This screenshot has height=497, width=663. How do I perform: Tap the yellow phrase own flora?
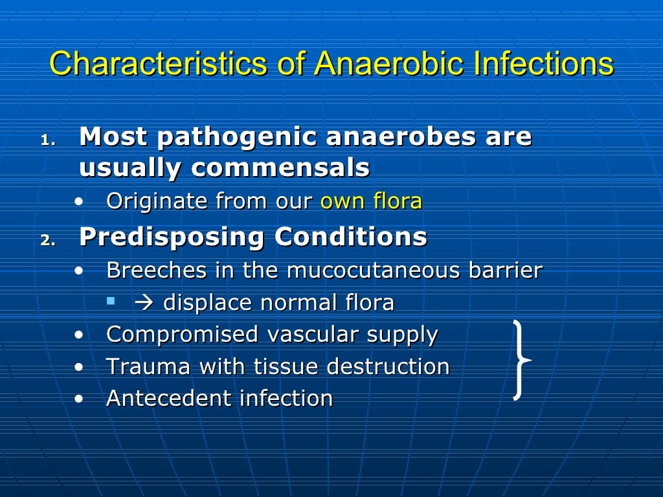371,201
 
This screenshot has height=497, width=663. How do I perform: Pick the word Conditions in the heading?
350,237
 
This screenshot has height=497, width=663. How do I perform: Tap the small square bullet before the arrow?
111,301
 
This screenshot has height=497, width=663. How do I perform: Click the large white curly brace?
521,360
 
